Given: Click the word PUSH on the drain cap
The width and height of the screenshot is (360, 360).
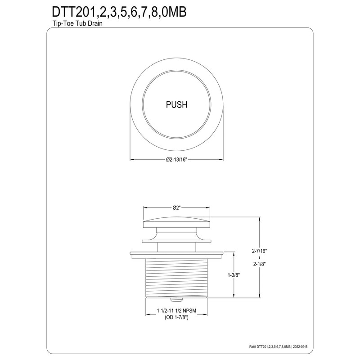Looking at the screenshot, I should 176,105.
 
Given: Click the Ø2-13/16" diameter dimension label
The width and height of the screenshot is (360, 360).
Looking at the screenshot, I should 176,160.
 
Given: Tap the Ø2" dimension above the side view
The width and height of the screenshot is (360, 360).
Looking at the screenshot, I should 176,208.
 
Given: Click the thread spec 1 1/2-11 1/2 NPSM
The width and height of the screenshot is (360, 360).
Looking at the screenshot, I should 176,311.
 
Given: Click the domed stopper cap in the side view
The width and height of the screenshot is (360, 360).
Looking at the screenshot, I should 176,223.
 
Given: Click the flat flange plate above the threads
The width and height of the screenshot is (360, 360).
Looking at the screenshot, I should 176,254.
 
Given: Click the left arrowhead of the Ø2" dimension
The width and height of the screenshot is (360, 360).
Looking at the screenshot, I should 145,208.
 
